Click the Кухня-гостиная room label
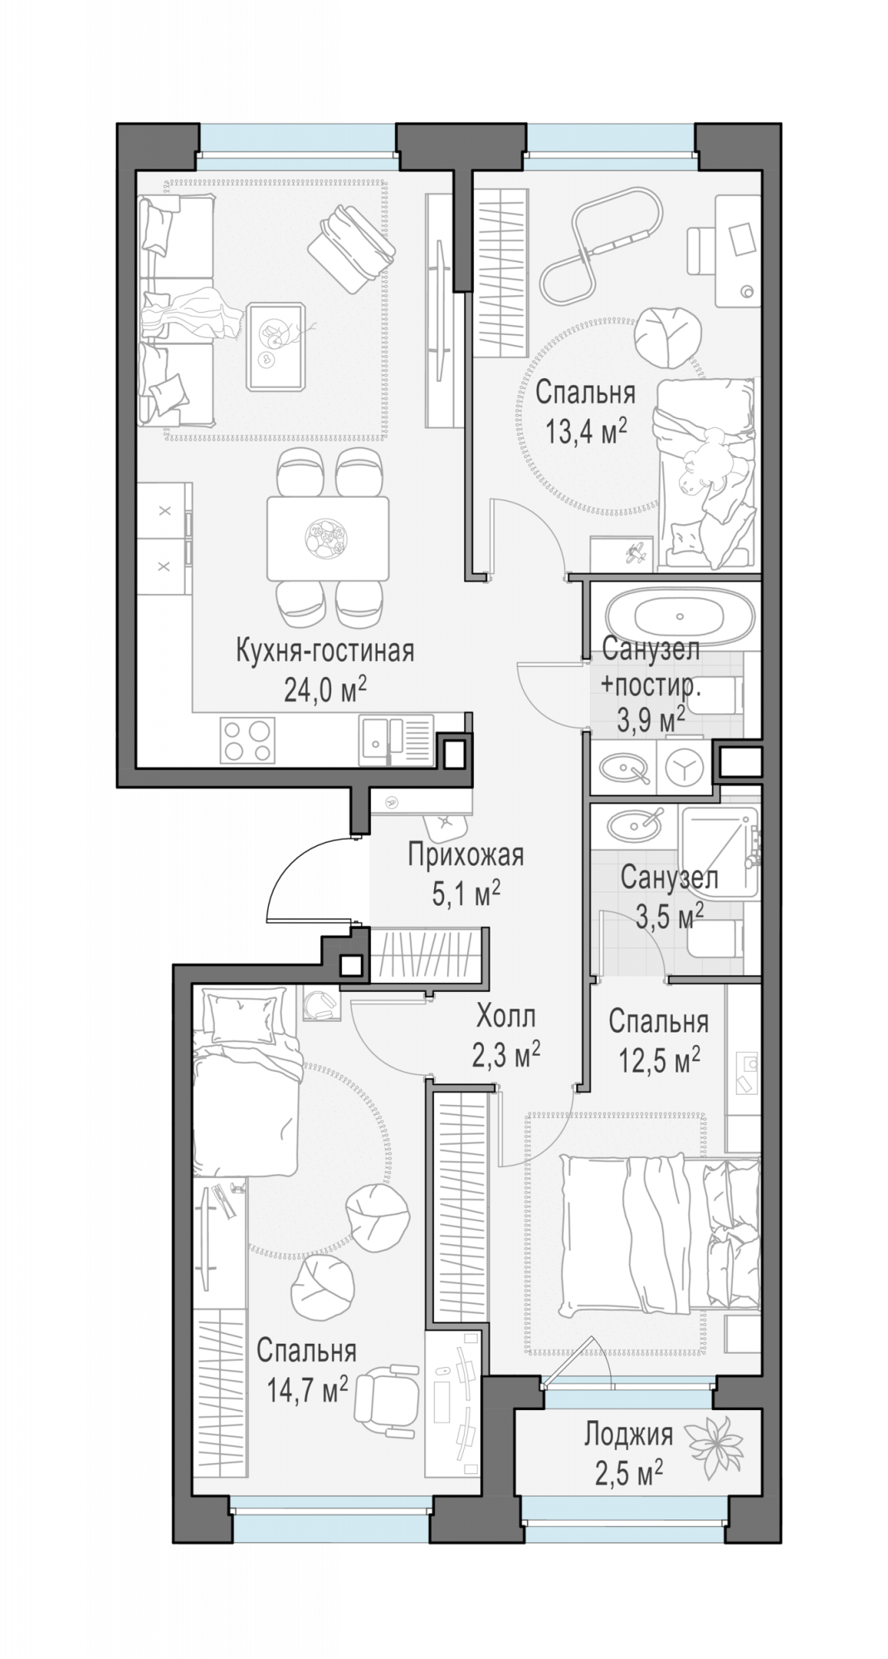pos(324,650)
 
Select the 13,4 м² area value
pos(585,431)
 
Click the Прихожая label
pos(466,854)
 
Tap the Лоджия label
pos(628,1433)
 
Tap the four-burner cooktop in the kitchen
pos(247,740)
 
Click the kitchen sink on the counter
pos(396,740)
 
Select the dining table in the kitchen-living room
pos(328,538)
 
